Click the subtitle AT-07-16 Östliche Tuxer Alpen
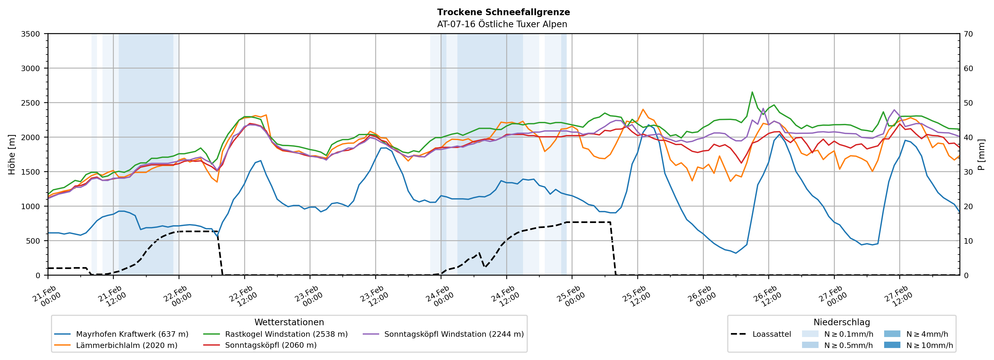[502, 24]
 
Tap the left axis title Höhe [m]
[12, 154]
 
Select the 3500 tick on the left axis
[30, 34]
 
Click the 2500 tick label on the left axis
[30, 103]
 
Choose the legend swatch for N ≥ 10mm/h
[892, 345]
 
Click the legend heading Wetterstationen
[289, 322]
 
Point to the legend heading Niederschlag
[842, 322]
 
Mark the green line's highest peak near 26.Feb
[752, 92]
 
